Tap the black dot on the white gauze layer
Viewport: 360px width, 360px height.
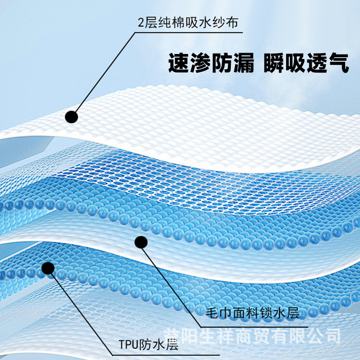[x=72, y=117]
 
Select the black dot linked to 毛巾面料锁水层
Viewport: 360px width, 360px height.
[x=141, y=243]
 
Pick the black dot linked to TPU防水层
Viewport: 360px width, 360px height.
[x=47, y=269]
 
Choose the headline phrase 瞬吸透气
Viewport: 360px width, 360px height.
[x=304, y=63]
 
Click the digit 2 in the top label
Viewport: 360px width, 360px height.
[x=141, y=22]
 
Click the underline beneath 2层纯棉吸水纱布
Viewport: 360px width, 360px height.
[x=189, y=32]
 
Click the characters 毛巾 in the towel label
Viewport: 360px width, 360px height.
[x=221, y=312]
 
